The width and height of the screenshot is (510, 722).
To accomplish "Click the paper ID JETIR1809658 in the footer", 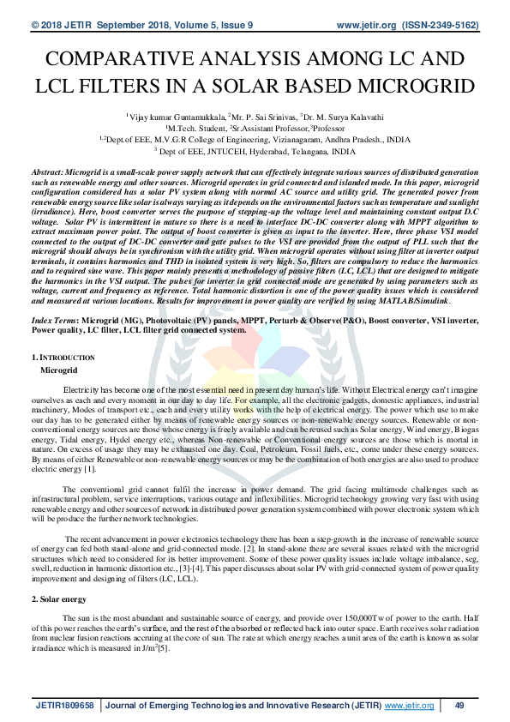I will point(64,705).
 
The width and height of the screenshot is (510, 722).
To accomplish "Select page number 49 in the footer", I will point(459,705).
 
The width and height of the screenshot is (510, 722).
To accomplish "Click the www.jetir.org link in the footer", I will point(409,705).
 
